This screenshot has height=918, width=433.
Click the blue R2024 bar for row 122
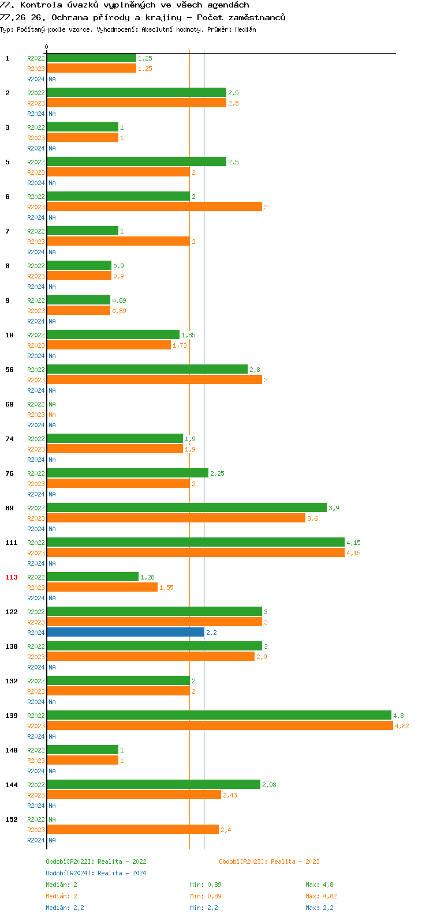[x=125, y=633]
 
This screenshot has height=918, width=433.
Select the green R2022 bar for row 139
[x=219, y=716]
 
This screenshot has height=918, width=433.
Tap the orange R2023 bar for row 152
[x=133, y=830]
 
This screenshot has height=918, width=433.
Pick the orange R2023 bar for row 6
[x=154, y=207]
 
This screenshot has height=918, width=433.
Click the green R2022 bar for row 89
[x=186, y=508]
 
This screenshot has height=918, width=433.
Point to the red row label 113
[x=12, y=577]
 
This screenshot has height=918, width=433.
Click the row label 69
[x=10, y=404]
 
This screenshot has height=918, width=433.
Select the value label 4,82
[x=402, y=726]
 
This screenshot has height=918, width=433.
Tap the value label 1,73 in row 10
[x=180, y=345]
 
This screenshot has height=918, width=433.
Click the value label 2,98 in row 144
[x=269, y=785]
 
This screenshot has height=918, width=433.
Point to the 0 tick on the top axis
[x=47, y=47]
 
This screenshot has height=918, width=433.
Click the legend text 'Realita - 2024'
[x=122, y=873]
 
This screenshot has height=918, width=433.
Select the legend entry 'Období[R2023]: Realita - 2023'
[x=269, y=861]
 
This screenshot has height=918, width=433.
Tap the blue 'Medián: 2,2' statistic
[x=65, y=908]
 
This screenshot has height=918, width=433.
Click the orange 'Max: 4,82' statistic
[x=321, y=896]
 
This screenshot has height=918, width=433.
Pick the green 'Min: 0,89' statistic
[x=206, y=885]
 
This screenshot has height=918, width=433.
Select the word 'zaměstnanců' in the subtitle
[x=256, y=17]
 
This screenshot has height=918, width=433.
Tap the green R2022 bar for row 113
[x=92, y=577]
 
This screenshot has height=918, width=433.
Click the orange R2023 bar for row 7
[x=118, y=242]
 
